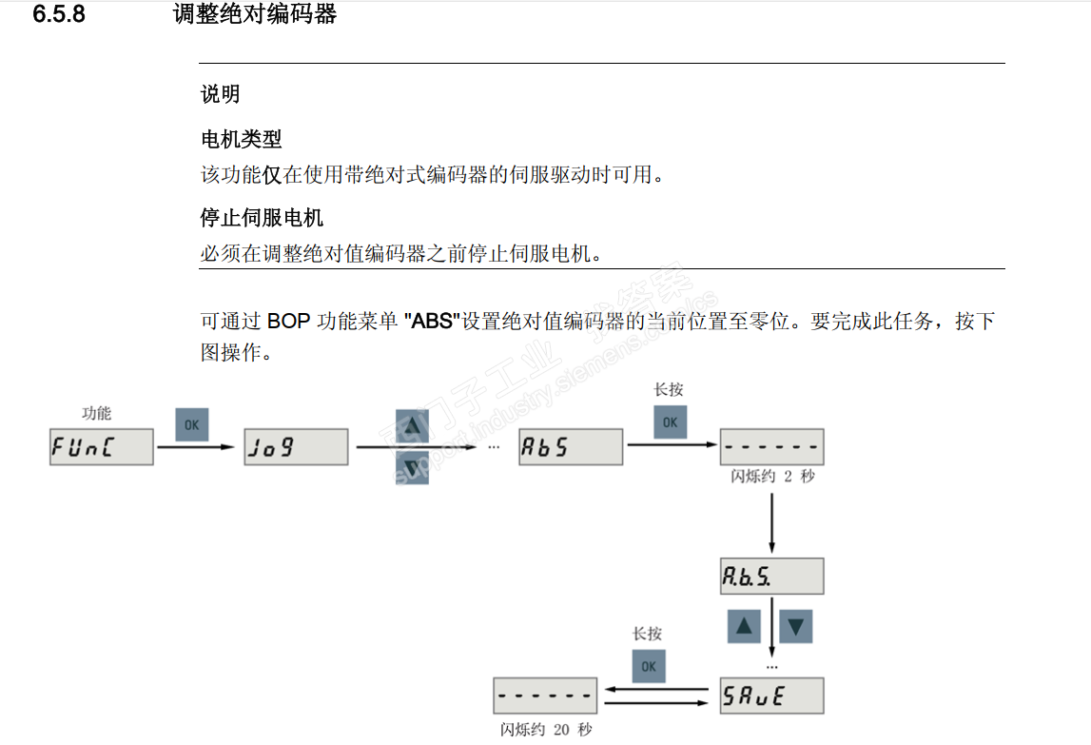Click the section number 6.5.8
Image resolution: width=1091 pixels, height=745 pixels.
(x=59, y=15)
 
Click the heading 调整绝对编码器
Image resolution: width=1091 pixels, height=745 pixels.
(x=255, y=15)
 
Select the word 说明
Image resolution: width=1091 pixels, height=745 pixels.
(x=220, y=94)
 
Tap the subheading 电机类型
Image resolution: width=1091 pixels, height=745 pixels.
(x=241, y=139)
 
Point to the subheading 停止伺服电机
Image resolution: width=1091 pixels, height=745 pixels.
(x=262, y=218)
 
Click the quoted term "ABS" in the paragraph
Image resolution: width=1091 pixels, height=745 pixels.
(x=433, y=322)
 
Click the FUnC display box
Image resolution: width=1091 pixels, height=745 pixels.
(x=101, y=446)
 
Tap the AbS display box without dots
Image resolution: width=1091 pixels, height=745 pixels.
(x=571, y=446)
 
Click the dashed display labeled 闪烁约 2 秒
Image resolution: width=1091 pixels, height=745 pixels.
(x=771, y=446)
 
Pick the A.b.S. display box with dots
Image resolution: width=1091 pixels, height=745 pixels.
(x=771, y=577)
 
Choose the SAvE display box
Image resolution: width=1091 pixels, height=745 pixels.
(x=771, y=696)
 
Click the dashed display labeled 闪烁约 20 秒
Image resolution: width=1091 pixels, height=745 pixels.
(x=545, y=696)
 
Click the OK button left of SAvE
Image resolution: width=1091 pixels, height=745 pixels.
(x=649, y=666)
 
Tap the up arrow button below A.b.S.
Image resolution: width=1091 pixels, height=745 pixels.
(x=745, y=627)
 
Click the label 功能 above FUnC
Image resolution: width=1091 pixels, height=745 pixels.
(x=97, y=413)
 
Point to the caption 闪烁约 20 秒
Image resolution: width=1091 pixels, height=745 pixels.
(x=546, y=730)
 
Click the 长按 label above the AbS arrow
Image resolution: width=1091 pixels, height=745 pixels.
(x=668, y=389)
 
